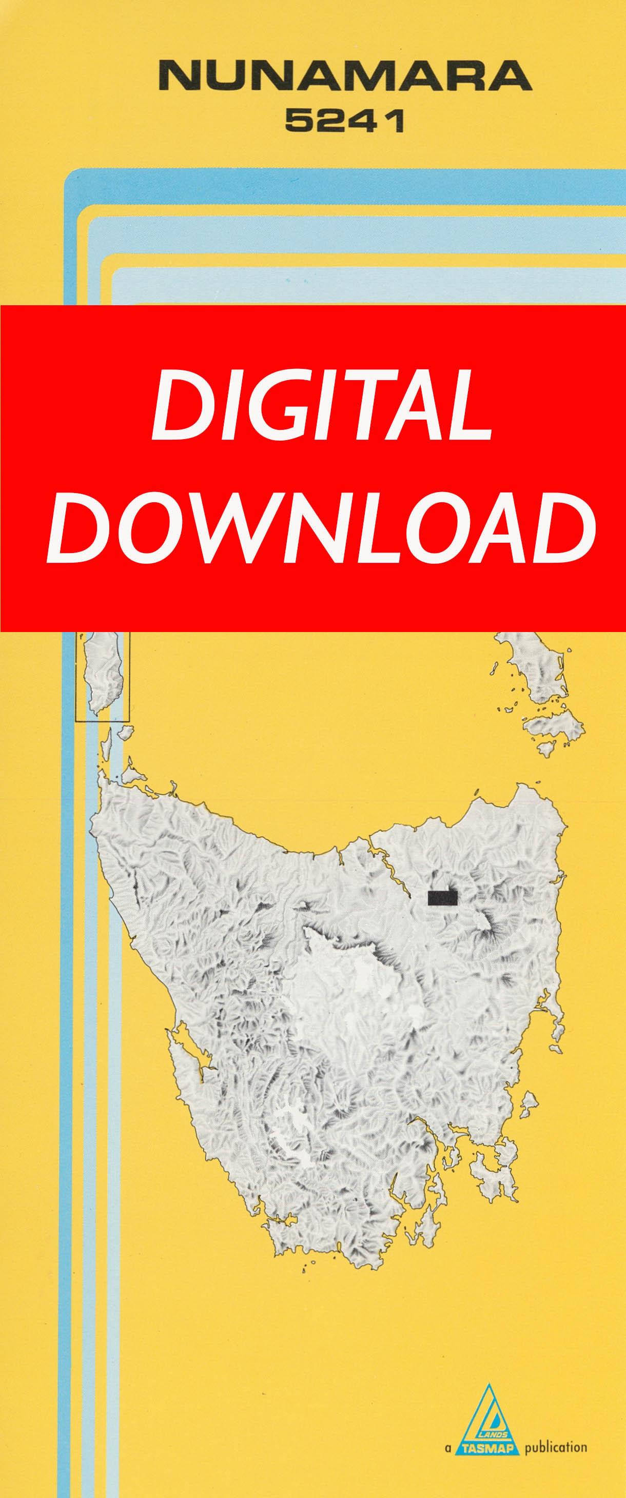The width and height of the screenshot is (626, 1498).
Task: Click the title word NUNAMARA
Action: point(345,76)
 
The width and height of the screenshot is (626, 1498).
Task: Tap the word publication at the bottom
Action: point(556,1447)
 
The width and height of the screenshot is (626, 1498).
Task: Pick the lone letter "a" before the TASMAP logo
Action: point(447,1448)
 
